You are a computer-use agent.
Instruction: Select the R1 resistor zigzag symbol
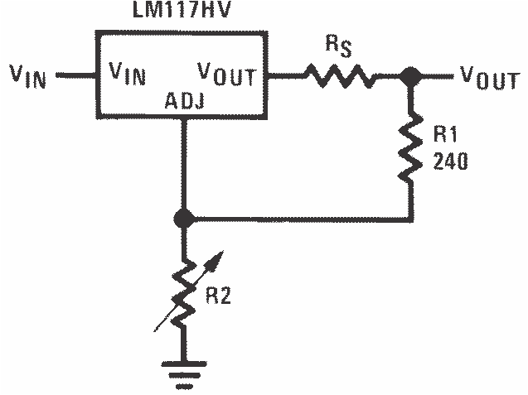click(x=409, y=151)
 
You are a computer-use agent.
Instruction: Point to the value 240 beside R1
click(x=450, y=162)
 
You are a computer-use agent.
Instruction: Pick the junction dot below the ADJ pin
click(x=185, y=219)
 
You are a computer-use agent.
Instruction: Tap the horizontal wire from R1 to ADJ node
click(x=298, y=219)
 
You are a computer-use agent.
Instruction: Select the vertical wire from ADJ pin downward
click(x=185, y=166)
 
